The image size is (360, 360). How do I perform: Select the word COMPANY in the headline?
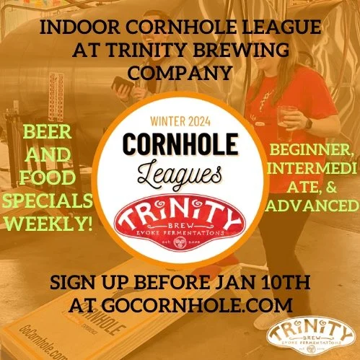coord(180,72)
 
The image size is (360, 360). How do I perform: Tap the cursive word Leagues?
coord(180,172)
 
